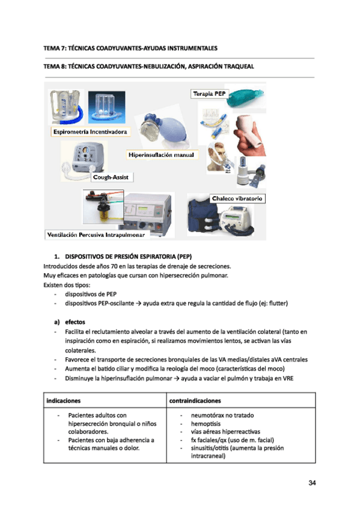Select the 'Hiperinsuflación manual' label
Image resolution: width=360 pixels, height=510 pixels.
coord(162,155)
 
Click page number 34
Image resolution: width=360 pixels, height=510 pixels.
coord(311,483)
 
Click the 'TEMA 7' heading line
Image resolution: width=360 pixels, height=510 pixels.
coord(130,47)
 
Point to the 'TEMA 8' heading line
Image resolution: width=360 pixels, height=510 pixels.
coord(148,67)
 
